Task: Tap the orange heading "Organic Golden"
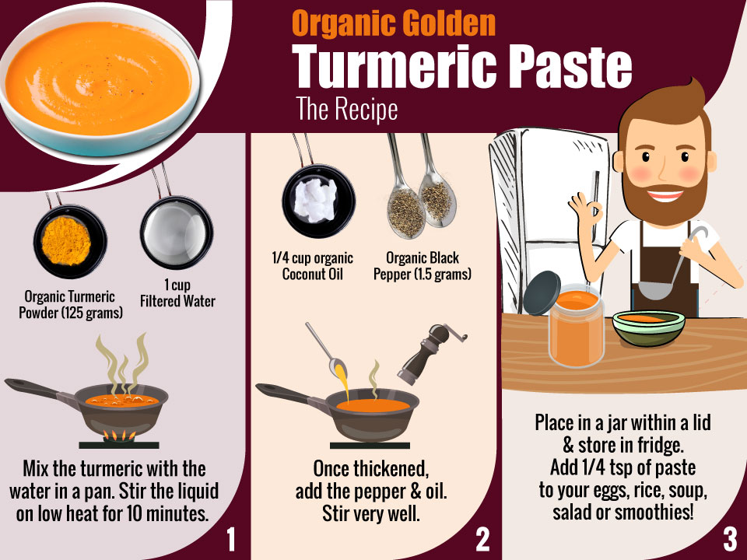(394, 24)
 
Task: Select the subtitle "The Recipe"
(347, 109)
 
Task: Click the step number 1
(231, 540)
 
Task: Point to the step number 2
(482, 540)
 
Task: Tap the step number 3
(730, 540)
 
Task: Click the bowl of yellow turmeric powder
(70, 241)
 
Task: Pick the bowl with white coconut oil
(318, 201)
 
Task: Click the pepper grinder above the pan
(428, 353)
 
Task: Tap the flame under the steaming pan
(119, 435)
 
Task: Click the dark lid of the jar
(542, 293)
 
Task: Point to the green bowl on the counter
(648, 328)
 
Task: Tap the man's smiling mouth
(665, 194)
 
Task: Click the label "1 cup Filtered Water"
(177, 293)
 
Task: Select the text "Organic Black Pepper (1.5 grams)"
(422, 266)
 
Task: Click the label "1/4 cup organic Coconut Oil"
(313, 266)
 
